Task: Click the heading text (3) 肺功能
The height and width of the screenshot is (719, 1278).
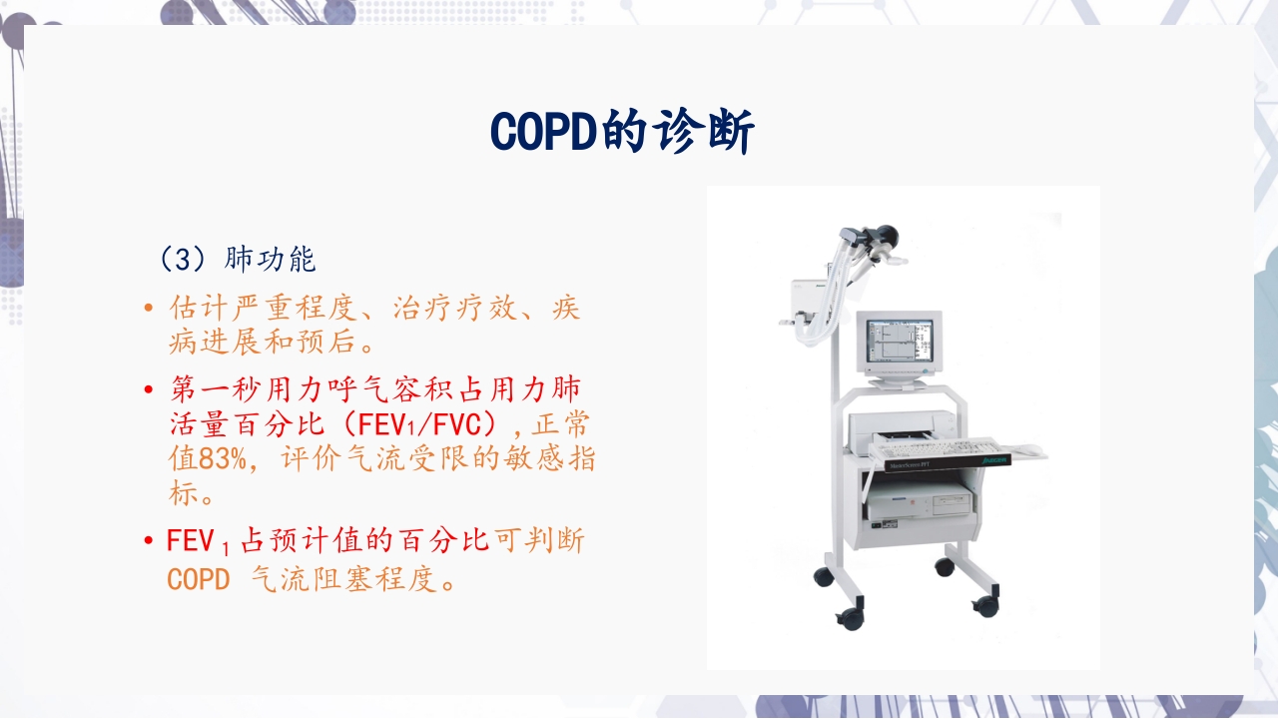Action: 238,260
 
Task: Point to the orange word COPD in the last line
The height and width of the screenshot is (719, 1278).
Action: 198,579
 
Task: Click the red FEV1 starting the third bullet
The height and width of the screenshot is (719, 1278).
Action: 199,542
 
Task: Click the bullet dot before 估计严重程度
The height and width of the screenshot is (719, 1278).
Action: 149,308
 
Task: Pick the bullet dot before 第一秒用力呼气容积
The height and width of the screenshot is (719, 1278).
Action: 149,388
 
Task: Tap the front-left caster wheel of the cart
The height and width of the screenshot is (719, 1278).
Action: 851,618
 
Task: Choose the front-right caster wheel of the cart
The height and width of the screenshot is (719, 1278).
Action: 985,605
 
